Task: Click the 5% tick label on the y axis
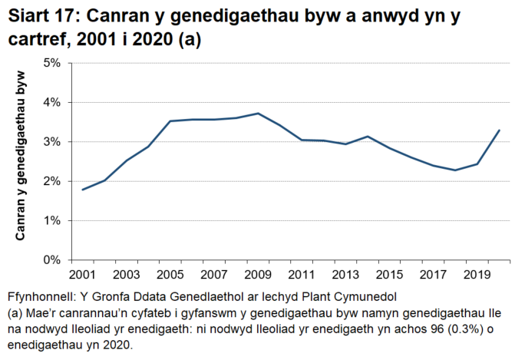click(x=51, y=63)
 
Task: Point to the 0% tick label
click(x=51, y=260)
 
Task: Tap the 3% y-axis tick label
click(x=51, y=142)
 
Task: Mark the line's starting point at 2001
click(x=82, y=190)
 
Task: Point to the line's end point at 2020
click(x=499, y=130)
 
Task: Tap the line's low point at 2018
click(x=455, y=170)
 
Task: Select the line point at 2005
click(x=170, y=121)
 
